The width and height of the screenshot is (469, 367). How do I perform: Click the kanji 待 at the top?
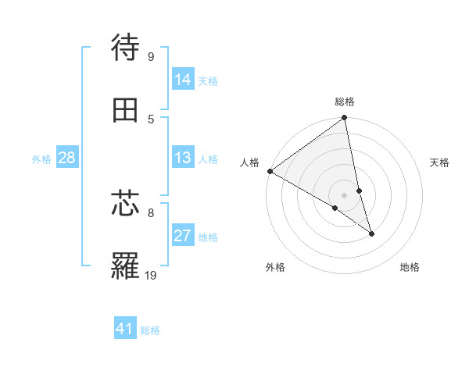pos(126,48)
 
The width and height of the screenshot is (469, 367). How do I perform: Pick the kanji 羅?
pos(126,266)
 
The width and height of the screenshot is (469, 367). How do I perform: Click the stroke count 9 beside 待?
pos(151,56)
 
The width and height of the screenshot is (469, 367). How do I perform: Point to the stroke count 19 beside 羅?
pos(151,275)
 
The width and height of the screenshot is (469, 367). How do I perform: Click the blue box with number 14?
pos(183,79)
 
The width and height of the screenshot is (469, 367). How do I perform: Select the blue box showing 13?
pos(183,158)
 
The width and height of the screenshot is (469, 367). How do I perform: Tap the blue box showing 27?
pos(183,235)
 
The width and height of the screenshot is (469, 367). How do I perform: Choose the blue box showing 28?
pos(66,158)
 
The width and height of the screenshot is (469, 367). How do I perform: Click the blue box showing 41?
pos(125,329)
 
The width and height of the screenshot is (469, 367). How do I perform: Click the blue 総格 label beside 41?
pos(150,330)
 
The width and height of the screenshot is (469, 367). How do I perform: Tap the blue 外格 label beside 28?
pos(41,159)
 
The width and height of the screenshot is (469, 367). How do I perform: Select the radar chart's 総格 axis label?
pos(345,102)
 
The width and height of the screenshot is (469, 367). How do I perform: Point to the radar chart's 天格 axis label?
pos(439,162)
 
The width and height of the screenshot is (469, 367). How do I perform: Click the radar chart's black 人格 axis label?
pos(250,162)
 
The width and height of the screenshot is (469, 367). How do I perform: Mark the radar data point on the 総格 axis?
pos(345,119)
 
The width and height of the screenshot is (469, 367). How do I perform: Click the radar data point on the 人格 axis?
pos(270,171)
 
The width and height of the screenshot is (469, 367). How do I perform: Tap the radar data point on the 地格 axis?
pos(371,233)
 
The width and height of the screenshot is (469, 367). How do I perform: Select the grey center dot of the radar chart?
pos(345,195)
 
